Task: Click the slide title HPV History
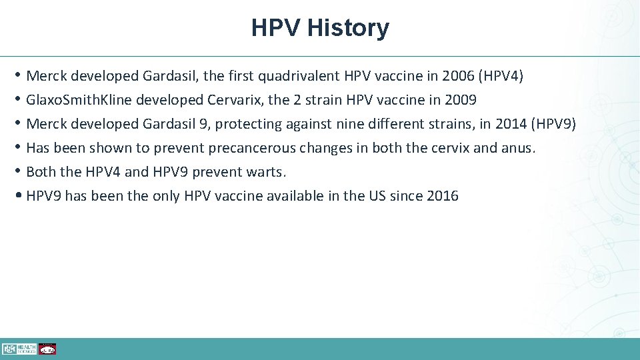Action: [x=320, y=28]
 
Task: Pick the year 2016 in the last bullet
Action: [x=443, y=196]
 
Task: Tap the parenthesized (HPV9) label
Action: [x=553, y=124]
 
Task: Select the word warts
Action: [x=267, y=172]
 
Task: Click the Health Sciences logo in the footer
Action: [x=19, y=349]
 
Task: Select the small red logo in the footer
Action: [x=47, y=349]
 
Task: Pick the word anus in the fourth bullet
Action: [x=518, y=148]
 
